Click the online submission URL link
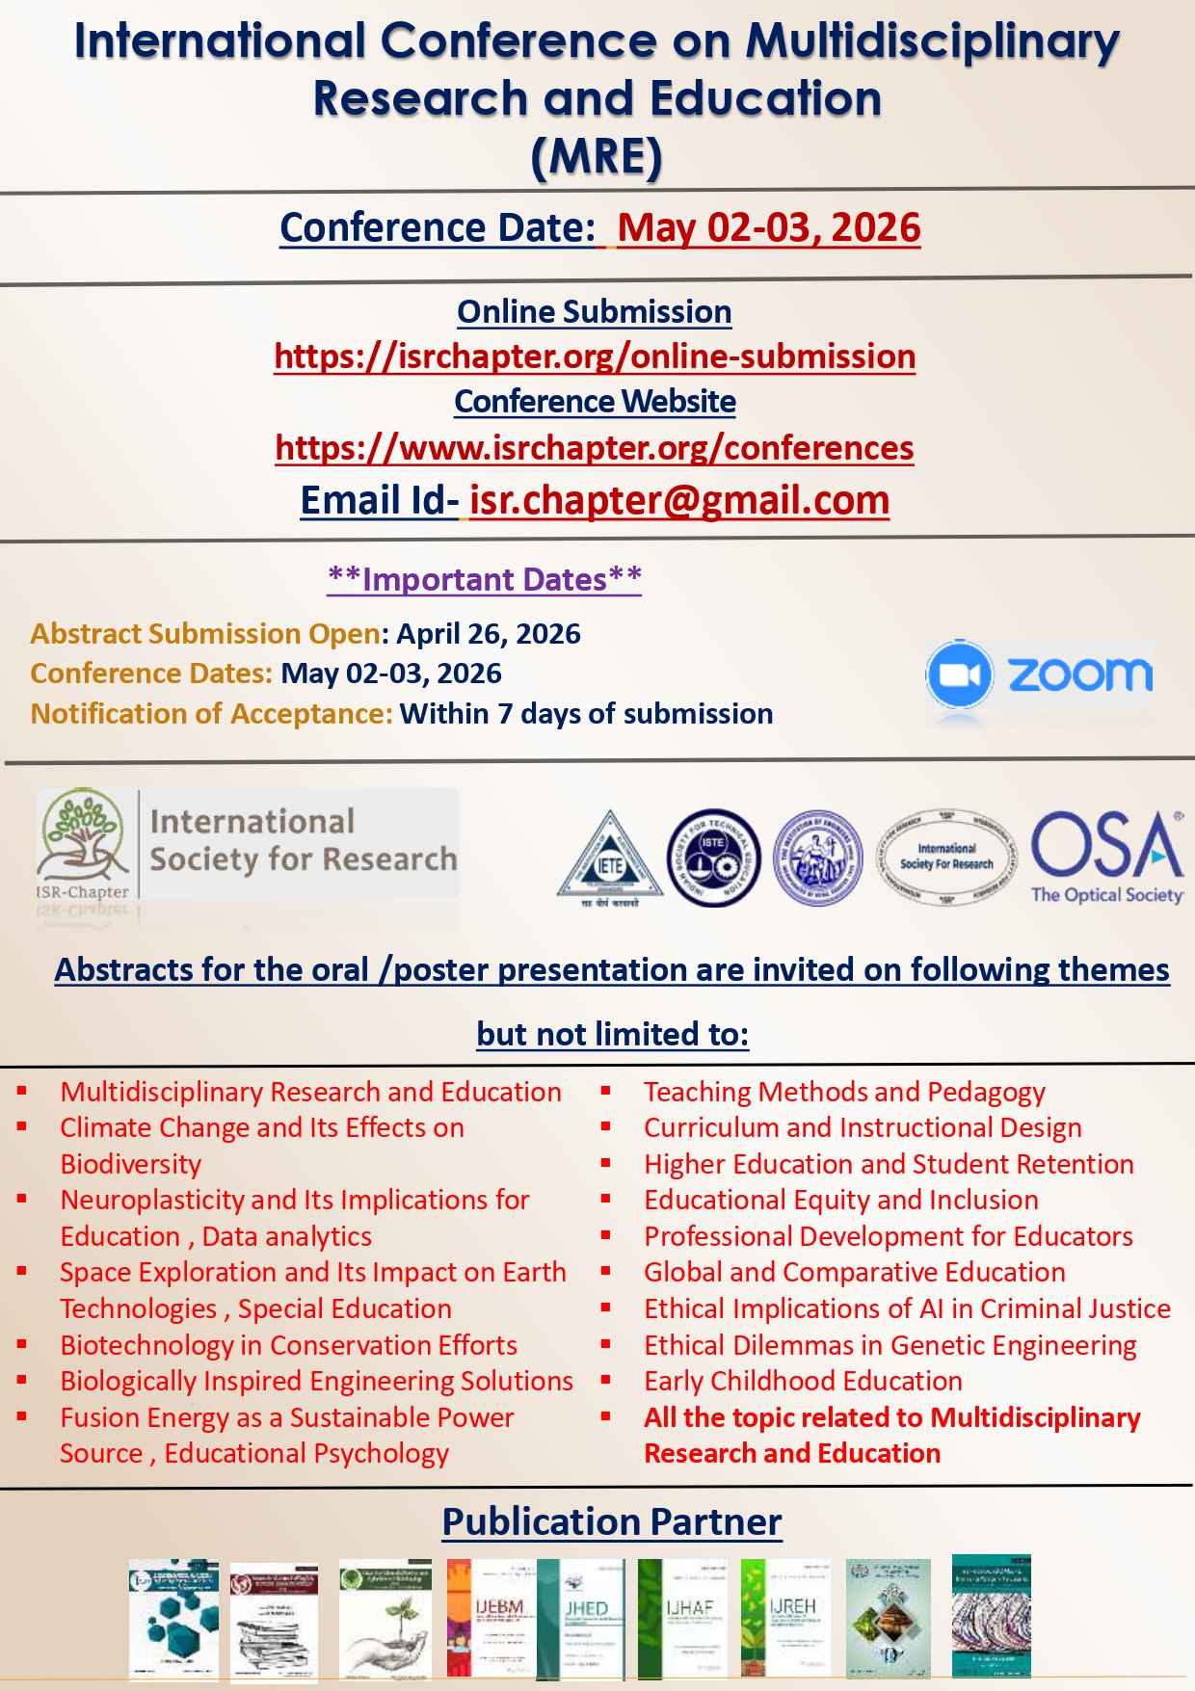(x=595, y=357)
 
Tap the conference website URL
(x=595, y=448)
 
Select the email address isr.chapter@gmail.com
(x=678, y=500)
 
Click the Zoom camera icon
(x=958, y=674)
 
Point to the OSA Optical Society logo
(x=1107, y=856)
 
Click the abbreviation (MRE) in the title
(x=597, y=157)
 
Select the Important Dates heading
(x=485, y=579)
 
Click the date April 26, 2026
(x=489, y=634)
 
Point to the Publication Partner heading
(x=611, y=1523)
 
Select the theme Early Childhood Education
(x=803, y=1381)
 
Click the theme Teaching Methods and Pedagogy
(x=844, y=1092)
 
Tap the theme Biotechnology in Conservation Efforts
(x=288, y=1345)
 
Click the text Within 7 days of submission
(x=586, y=714)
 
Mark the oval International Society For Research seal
(x=946, y=856)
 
